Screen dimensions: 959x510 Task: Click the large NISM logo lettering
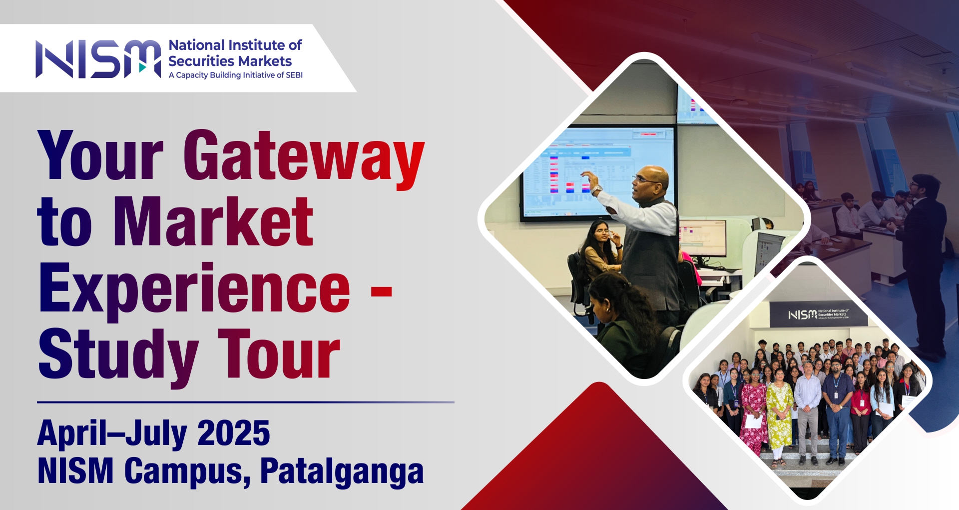[x=98, y=59]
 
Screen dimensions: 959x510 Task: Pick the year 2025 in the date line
[x=234, y=433]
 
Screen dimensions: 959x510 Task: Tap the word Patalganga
[x=342, y=471]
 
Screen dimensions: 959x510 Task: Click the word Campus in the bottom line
[x=187, y=471]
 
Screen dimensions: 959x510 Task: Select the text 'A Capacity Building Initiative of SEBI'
[x=236, y=75]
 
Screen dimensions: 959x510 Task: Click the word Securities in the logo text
[x=202, y=61]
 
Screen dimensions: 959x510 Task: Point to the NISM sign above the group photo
[x=818, y=314]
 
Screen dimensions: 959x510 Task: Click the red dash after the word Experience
[x=382, y=291]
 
